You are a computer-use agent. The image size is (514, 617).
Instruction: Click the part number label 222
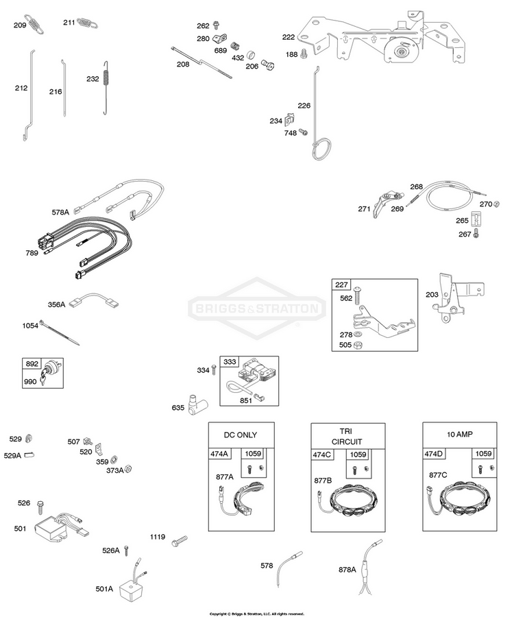point(289,38)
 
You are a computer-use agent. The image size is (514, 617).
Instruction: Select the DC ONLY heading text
point(241,435)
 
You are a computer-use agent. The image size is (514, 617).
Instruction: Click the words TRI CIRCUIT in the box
point(345,437)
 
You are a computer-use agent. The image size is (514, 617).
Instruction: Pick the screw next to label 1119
point(180,540)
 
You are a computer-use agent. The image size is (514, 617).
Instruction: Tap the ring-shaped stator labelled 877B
point(349,507)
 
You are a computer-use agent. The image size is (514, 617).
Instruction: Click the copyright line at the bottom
point(256,614)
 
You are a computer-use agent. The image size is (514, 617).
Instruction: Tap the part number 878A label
point(347,569)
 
